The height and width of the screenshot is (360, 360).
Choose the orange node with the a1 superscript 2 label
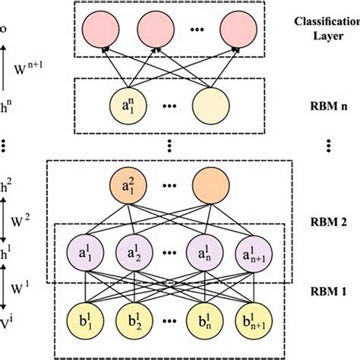coord(127,185)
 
